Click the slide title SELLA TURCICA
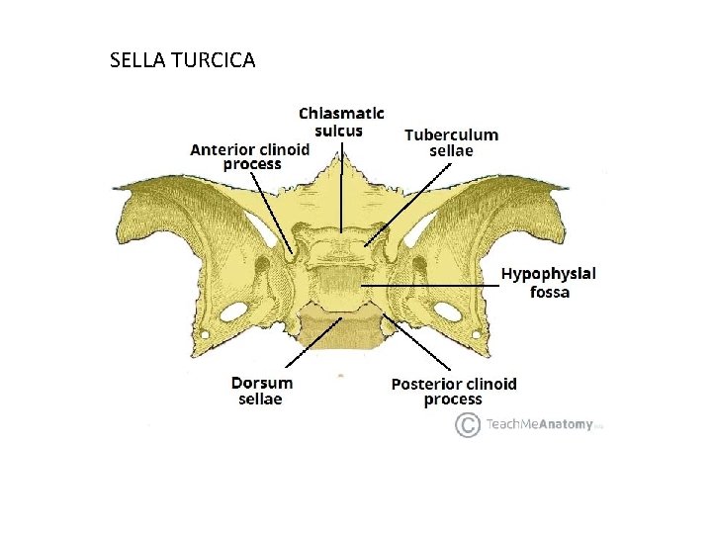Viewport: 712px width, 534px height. click(183, 61)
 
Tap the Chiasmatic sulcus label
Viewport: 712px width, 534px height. click(342, 122)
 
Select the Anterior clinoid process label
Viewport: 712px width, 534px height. click(250, 156)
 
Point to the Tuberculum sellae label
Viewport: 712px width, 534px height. click(451, 142)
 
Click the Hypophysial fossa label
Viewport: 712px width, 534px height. click(549, 282)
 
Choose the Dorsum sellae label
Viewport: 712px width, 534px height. click(261, 391)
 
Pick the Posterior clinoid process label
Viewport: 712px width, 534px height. click(453, 391)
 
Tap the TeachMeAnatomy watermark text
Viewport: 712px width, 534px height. click(539, 425)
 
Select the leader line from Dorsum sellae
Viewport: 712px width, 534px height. click(311, 345)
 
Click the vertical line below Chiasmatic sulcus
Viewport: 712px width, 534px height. click(342, 193)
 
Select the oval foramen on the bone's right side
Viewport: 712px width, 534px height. click(447, 311)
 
